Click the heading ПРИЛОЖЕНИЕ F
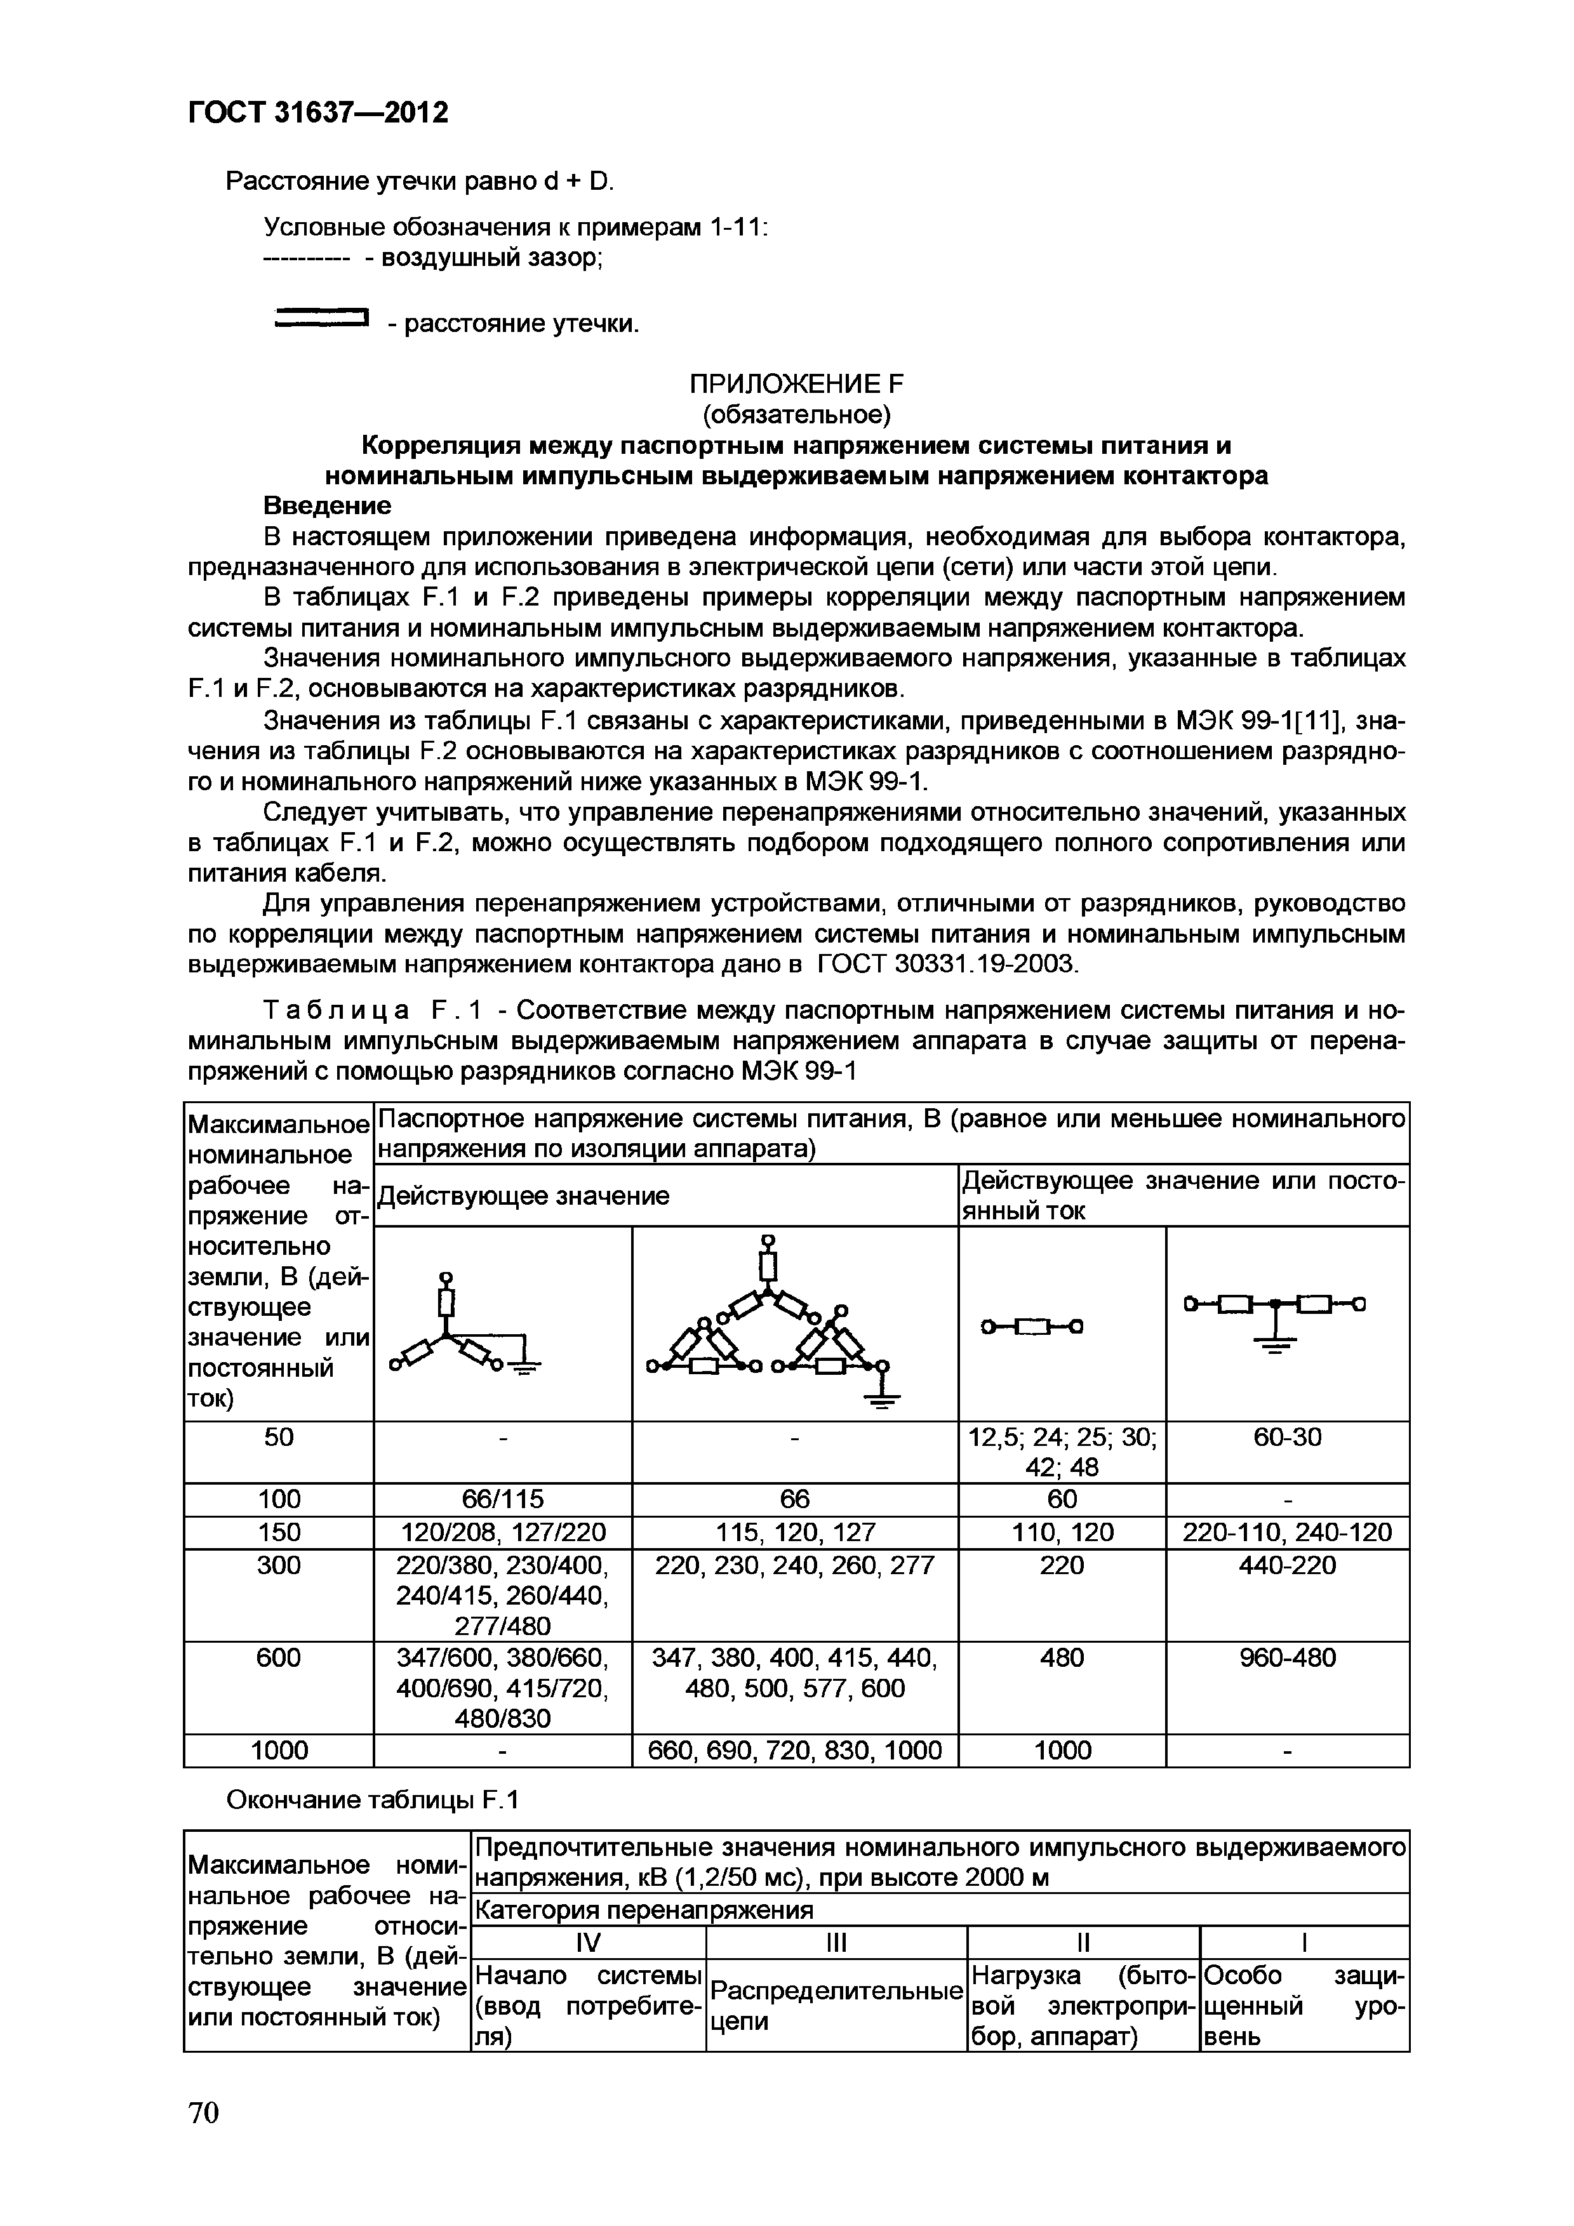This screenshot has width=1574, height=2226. [795, 384]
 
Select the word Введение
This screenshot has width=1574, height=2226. [328, 506]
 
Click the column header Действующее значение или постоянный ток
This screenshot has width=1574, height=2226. [1182, 1195]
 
